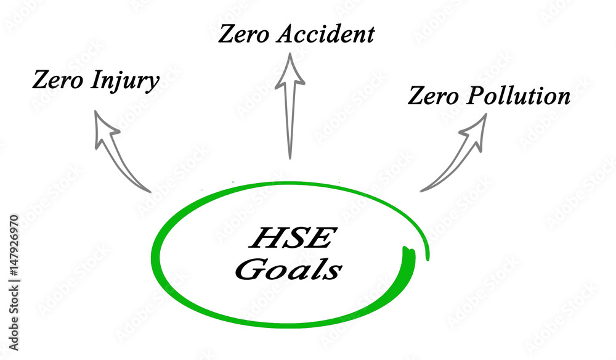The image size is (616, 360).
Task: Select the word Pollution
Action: click(x=517, y=97)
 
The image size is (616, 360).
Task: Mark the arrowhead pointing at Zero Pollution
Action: click(x=475, y=128)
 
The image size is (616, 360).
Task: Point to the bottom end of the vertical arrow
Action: click(x=289, y=157)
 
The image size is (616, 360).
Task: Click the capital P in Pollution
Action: click(x=475, y=97)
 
